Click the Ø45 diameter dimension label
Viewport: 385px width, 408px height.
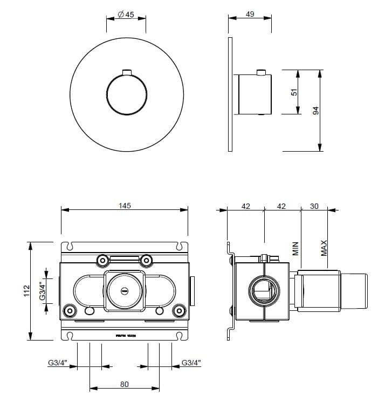click(126, 15)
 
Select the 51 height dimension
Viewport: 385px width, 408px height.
click(294, 92)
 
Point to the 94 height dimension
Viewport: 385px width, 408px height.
click(317, 110)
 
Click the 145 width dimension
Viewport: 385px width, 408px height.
click(125, 206)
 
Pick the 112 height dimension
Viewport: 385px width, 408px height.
click(25, 291)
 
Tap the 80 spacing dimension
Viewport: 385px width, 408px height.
click(124, 384)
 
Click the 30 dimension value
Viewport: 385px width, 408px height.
click(315, 206)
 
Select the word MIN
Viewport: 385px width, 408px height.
click(295, 248)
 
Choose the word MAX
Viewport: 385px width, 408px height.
click(324, 248)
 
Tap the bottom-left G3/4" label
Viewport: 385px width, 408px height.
click(57, 363)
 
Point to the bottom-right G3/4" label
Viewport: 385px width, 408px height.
click(191, 363)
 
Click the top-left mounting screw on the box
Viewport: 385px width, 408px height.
click(102, 261)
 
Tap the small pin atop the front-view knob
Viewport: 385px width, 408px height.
click(127, 73)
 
